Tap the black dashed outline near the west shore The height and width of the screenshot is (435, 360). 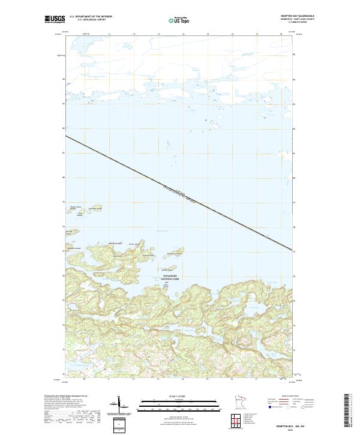[x=73, y=306]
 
